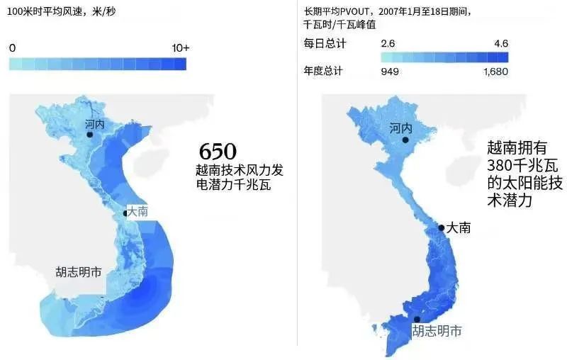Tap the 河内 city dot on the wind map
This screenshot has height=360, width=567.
(x=90, y=134)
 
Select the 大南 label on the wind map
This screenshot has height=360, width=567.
(x=136, y=211)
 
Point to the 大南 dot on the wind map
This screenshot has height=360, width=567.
(x=125, y=212)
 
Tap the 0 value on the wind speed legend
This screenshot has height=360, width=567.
(x=12, y=47)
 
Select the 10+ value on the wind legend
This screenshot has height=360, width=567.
(x=181, y=47)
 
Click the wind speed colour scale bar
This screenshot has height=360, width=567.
(x=98, y=64)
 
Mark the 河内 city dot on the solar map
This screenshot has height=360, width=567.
(x=405, y=140)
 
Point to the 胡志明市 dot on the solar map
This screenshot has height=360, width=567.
(x=417, y=319)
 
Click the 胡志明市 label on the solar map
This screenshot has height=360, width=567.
(x=437, y=331)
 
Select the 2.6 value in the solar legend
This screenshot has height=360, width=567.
(x=388, y=43)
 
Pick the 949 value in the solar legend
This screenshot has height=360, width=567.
(x=390, y=71)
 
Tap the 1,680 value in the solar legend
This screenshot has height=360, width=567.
(x=495, y=71)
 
